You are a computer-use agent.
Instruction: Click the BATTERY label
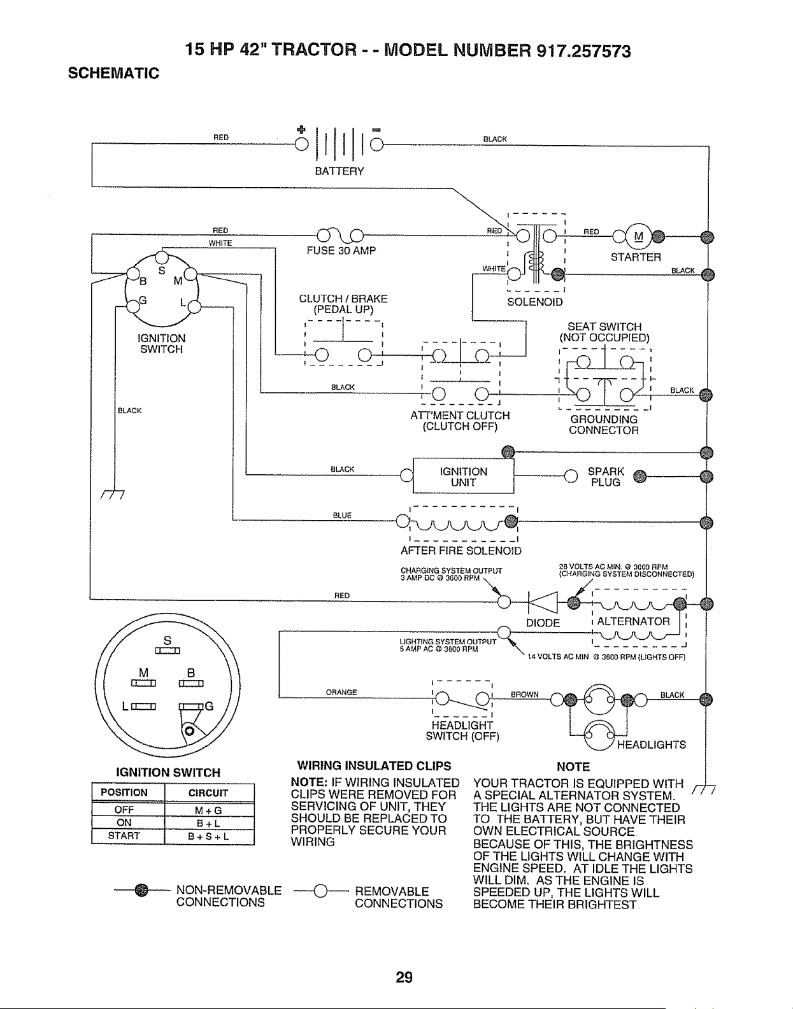click(339, 171)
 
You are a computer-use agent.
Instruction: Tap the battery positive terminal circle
click(301, 145)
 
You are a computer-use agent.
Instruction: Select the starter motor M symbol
click(639, 236)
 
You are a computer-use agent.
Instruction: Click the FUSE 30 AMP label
click(341, 251)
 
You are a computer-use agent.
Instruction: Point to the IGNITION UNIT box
click(463, 476)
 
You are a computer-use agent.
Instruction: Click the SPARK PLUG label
click(606, 477)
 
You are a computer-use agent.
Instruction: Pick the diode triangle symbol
click(543, 603)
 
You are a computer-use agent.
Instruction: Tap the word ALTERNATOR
click(633, 621)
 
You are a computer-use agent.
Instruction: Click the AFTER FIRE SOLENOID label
click(461, 551)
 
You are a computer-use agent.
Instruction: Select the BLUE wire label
click(342, 516)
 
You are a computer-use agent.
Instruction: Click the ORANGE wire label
click(341, 693)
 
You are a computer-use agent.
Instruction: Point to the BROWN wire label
click(524, 695)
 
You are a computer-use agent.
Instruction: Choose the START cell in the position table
click(124, 836)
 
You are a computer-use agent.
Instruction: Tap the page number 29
click(404, 977)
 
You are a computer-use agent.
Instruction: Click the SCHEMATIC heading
click(113, 73)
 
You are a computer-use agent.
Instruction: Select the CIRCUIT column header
click(208, 793)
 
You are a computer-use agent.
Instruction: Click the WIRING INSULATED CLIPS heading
click(374, 766)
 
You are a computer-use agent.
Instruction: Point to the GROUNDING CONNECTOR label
click(604, 425)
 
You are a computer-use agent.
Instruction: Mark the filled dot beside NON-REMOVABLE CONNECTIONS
click(141, 890)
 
